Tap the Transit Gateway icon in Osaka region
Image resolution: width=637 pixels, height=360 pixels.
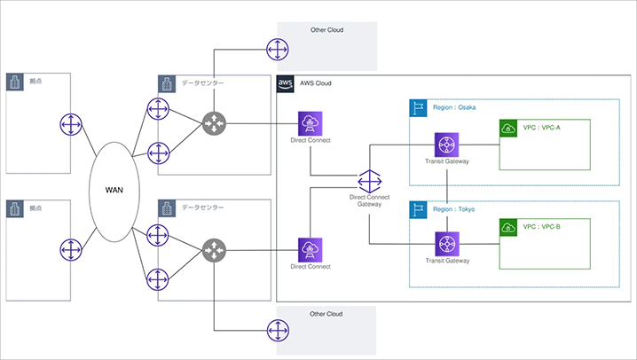446,145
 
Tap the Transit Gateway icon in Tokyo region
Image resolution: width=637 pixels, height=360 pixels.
446,243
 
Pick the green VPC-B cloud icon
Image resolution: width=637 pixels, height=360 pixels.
507,226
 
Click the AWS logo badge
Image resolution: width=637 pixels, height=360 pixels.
286,83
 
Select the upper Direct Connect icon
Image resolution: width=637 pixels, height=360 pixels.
311,124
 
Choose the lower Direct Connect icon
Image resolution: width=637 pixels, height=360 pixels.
311,249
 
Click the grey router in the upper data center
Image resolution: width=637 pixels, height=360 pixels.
214,124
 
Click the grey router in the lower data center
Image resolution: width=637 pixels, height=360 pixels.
214,250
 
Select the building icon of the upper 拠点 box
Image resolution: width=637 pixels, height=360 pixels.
14,82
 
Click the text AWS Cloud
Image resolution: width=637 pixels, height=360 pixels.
316,83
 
